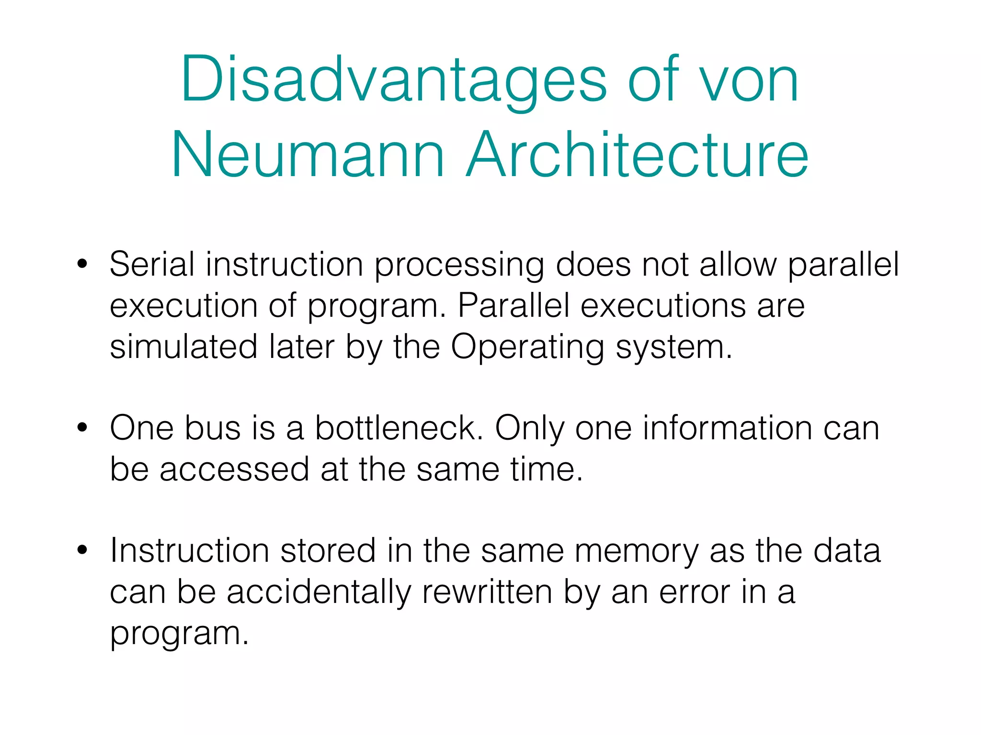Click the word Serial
coord(152,264)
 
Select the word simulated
coord(184,346)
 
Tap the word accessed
coord(234,469)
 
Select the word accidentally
coord(319,592)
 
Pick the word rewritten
coord(487,592)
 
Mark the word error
coord(695,592)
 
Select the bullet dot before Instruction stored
coord(82,550)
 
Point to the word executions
coord(663,305)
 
